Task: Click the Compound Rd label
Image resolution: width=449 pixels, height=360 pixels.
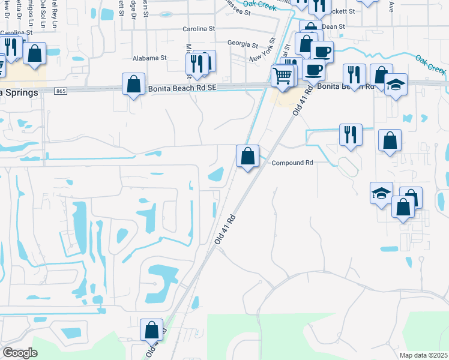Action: coord(292,163)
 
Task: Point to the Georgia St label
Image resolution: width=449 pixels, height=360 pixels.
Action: coord(243,44)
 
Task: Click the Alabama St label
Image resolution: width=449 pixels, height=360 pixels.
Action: coord(149,58)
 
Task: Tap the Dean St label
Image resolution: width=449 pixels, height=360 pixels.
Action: coord(333,26)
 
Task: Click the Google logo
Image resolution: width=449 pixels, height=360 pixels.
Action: coord(20,353)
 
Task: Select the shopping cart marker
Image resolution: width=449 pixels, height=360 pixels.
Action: coord(282,76)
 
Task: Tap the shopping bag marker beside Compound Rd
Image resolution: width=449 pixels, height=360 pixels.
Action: coord(247,157)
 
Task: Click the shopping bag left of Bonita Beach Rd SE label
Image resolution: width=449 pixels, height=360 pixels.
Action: coord(133,85)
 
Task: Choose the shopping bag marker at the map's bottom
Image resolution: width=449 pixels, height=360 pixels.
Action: coord(151,330)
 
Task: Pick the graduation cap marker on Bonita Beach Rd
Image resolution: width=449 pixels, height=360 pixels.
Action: coord(396,85)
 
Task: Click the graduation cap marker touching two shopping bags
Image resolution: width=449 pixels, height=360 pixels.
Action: coord(382,194)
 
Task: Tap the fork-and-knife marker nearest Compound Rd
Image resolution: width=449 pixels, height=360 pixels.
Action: coord(351,135)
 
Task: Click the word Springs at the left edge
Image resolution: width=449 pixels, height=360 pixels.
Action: coord(21,92)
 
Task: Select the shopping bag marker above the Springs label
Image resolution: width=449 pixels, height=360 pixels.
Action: coord(35,53)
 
